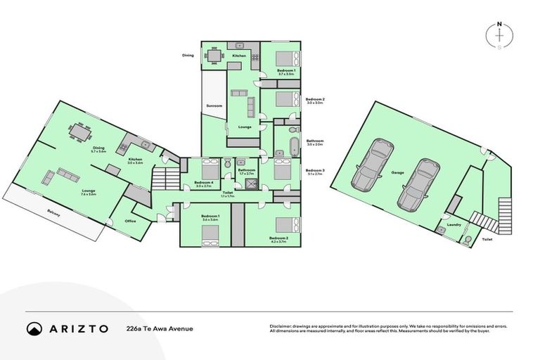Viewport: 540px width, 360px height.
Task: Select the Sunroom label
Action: point(214,105)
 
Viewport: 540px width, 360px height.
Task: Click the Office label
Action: point(130,221)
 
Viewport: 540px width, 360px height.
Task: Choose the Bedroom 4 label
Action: point(204,183)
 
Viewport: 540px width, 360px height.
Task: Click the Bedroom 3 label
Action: point(314,170)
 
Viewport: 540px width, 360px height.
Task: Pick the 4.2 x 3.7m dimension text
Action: point(278,243)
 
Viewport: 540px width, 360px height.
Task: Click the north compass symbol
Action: point(499,34)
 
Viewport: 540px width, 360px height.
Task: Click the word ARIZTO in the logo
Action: point(79,328)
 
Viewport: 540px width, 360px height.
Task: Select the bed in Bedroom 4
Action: point(209,169)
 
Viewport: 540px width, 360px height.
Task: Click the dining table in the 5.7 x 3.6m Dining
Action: point(79,131)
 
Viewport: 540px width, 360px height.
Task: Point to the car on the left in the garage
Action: point(371,166)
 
